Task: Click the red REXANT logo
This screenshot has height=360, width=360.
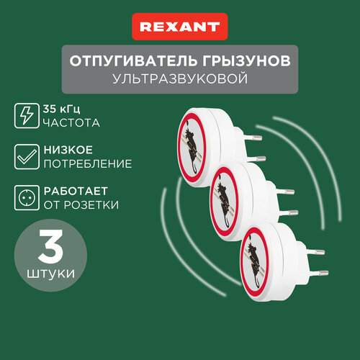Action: [180, 27]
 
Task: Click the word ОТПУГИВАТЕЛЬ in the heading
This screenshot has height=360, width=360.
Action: [133, 61]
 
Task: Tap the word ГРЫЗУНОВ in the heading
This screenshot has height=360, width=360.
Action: [246, 61]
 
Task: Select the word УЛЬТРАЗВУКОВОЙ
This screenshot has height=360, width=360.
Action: [180, 78]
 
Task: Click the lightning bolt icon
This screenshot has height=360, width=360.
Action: [27, 116]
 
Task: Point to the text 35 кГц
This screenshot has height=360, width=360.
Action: [61, 109]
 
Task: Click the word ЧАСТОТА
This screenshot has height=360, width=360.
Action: [71, 123]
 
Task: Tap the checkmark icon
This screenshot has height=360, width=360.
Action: [27, 157]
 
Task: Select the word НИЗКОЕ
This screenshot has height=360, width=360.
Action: [68, 150]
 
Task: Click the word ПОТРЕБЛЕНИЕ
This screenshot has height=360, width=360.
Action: [88, 164]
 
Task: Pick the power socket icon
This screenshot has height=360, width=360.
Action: [27, 198]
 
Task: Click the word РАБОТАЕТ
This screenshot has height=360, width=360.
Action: [76, 192]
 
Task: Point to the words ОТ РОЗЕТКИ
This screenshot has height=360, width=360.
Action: [81, 205]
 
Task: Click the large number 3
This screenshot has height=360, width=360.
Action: [50, 246]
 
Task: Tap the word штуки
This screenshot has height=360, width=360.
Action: [50, 274]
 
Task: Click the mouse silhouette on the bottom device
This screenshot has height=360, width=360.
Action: [255, 264]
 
